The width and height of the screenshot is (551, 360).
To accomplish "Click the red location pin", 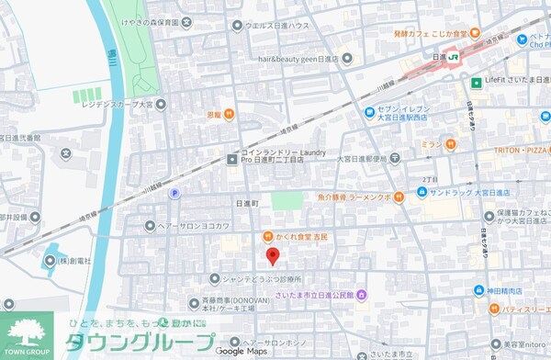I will tap(271, 256).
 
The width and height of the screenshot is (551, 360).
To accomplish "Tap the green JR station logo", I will tap(453, 57).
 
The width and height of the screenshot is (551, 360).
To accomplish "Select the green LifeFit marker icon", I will tap(477, 83).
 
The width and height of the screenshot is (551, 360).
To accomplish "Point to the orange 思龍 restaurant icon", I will tap(229, 115).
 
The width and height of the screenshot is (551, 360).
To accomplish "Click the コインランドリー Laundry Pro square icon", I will tap(232, 160).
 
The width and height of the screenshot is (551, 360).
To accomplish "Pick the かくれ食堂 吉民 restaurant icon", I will tap(267, 236).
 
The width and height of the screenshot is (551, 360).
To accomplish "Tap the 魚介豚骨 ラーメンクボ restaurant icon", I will tap(399, 195).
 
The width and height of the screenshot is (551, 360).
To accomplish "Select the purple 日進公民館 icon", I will tap(362, 295).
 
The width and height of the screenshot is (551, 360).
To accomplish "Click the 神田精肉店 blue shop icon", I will tap(478, 290).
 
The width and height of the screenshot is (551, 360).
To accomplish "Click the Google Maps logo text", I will tap(242, 351).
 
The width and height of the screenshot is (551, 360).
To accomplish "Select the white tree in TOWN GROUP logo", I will tap(29, 332).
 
